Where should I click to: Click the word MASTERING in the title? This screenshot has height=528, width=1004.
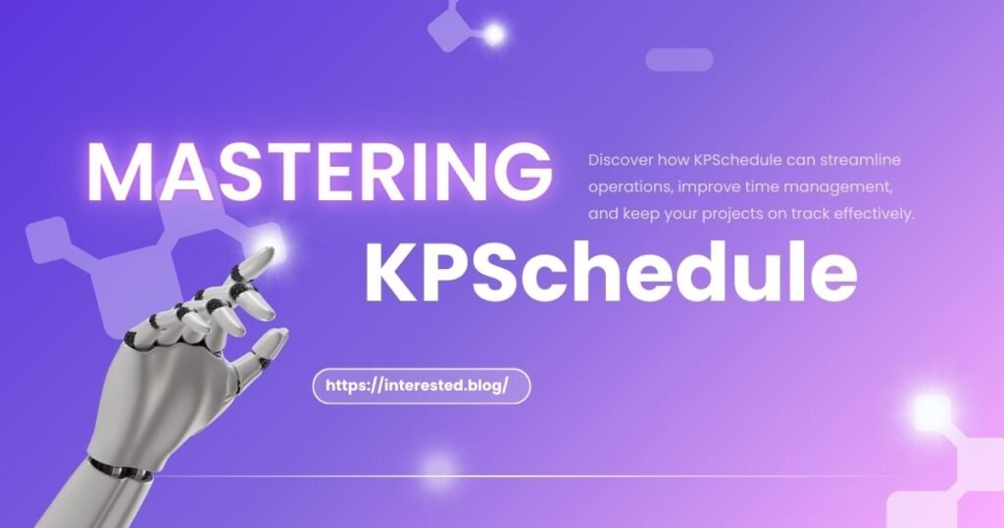pos(318,173)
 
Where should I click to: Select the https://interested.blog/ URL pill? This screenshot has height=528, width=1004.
pos(421,386)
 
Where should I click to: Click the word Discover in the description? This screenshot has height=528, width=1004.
pos(617,159)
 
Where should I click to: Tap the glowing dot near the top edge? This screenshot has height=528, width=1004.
pos(494,34)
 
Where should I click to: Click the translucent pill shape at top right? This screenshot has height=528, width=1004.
pos(678,60)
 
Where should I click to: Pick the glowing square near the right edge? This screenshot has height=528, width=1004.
pos(932,412)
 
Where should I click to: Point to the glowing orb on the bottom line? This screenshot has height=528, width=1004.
pos(435,470)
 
